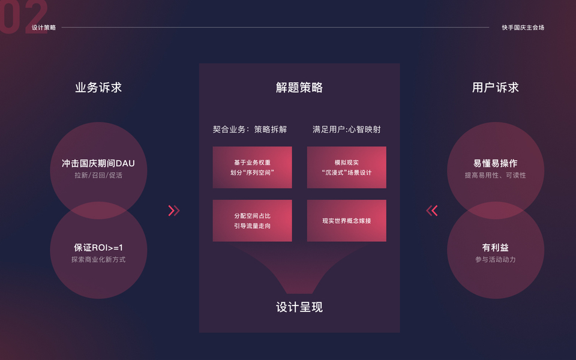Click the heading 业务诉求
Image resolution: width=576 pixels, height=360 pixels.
(98, 88)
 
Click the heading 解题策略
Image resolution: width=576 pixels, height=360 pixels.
(299, 88)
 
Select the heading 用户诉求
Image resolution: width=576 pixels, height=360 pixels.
(496, 88)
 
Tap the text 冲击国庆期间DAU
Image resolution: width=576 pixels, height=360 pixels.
(98, 163)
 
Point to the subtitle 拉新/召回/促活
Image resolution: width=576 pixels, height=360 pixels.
(98, 176)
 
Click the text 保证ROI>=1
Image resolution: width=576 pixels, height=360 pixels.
(98, 247)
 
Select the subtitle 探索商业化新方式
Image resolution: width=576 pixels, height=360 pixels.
(98, 260)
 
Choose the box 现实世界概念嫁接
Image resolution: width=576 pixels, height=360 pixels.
(347, 221)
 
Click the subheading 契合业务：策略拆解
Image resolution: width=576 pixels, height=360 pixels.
(250, 130)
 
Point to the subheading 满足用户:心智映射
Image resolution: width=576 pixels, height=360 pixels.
(347, 130)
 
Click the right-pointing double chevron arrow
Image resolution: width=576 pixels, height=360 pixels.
(174, 211)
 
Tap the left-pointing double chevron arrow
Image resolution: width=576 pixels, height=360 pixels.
(432, 211)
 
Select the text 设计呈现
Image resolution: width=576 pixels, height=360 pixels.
(299, 307)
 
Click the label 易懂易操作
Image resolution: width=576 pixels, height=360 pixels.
(496, 163)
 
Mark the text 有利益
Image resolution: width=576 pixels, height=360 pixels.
(496, 247)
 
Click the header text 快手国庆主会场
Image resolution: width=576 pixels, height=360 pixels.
(523, 28)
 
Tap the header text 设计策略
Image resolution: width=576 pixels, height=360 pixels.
(44, 28)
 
